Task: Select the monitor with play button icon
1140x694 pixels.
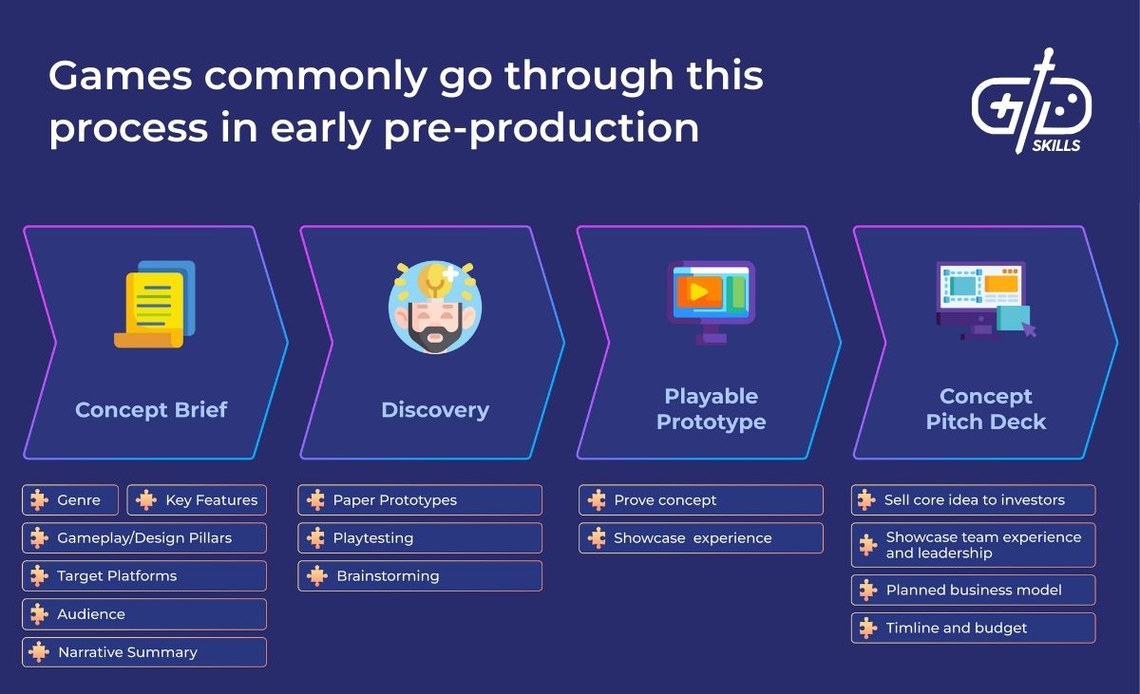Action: click(711, 299)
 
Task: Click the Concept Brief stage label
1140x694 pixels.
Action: click(151, 410)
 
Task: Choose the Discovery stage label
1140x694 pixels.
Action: click(435, 410)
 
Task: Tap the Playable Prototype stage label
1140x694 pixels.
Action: click(711, 409)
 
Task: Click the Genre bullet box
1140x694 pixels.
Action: click(70, 500)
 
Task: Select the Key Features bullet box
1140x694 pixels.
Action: click(198, 500)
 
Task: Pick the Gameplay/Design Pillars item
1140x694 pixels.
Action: click(144, 538)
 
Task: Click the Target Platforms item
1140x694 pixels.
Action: click(144, 576)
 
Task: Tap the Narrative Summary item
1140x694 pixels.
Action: click(144, 652)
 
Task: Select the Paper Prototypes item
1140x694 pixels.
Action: click(420, 500)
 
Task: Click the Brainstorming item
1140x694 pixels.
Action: click(420, 576)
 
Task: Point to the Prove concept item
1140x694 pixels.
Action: click(701, 500)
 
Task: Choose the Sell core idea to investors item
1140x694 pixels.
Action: click(973, 500)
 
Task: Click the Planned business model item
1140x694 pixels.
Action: click(973, 590)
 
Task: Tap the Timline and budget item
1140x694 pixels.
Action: click(973, 628)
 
